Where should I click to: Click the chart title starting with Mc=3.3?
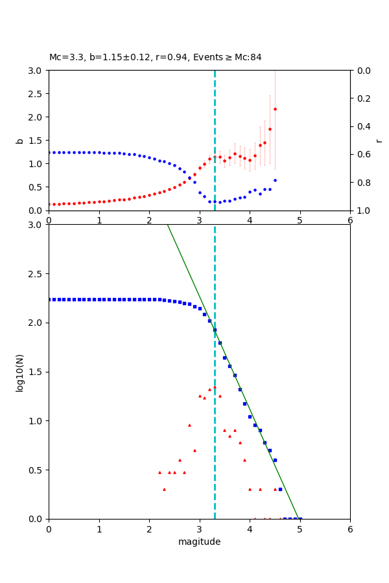point(156,57)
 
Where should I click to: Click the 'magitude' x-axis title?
point(199,542)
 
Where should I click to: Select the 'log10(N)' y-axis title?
point(19,372)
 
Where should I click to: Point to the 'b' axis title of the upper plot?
point(19,140)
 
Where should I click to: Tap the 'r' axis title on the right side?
point(379,140)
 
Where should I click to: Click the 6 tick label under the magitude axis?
point(350,529)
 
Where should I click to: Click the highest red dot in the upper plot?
point(275,109)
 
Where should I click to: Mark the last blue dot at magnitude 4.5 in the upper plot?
point(275,180)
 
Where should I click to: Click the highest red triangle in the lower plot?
point(215,387)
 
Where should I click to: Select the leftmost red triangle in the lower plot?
point(159,472)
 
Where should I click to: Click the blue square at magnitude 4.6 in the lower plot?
point(280,489)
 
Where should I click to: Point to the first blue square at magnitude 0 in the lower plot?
point(49,299)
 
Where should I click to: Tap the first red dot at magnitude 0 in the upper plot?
point(49,204)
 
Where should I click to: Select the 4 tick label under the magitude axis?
point(250,529)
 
